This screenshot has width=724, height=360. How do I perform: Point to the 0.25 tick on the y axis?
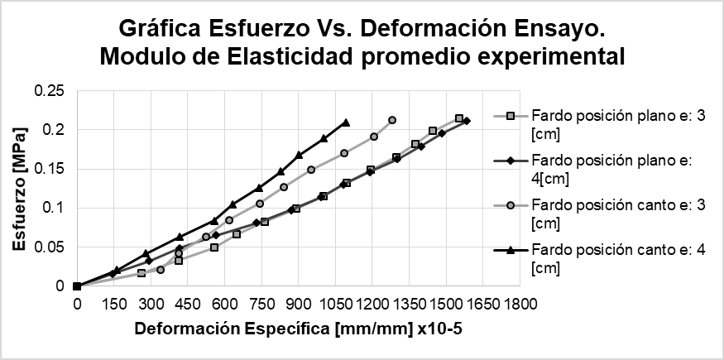pos(50,90)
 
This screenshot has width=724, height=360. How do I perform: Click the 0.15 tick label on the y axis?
pos(50,169)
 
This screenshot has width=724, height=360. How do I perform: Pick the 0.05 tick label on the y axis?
pos(50,247)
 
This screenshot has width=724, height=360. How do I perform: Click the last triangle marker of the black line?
pos(346,122)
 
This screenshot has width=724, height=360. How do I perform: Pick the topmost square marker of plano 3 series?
pos(459,118)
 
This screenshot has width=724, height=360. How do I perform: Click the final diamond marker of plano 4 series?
pos(467,121)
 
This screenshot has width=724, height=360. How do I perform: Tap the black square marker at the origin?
pos(77,286)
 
